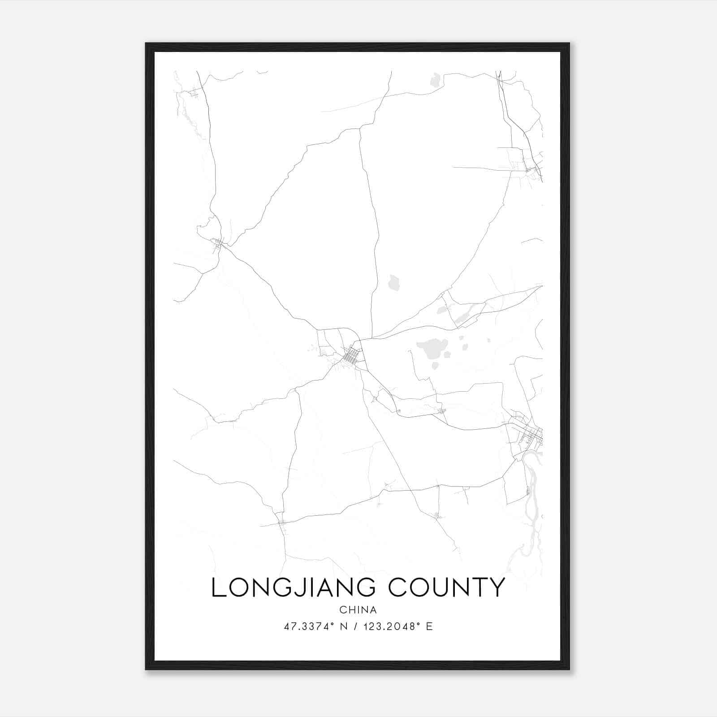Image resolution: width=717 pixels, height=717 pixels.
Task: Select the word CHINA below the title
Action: [x=358, y=610]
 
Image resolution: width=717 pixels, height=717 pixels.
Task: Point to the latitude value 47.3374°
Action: [x=310, y=626]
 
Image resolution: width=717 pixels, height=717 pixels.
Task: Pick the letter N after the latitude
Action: [x=345, y=626]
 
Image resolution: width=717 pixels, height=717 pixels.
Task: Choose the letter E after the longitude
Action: [x=429, y=626]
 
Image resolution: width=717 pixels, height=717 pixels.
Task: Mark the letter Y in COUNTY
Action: [x=496, y=587]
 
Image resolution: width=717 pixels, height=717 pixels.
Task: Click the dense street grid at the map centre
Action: [x=351, y=357]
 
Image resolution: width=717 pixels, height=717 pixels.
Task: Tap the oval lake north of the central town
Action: [x=394, y=282]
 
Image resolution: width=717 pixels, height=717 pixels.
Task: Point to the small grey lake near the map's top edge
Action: [x=435, y=81]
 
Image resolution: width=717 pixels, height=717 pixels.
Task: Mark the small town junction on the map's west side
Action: [x=219, y=243]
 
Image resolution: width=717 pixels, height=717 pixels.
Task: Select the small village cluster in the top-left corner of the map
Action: [x=194, y=93]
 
